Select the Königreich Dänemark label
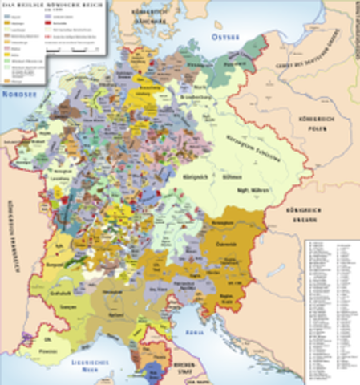162,14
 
